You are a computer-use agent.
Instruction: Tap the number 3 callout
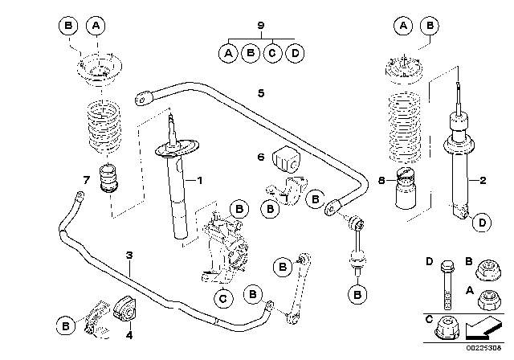128,256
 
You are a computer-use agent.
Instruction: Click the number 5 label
261,93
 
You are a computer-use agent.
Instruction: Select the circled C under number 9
274,54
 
